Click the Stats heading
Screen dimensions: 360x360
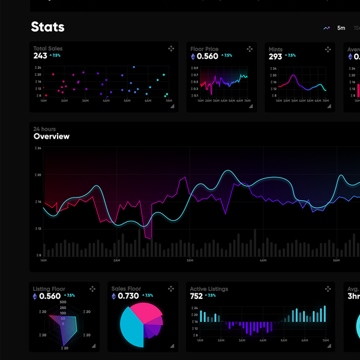click(47, 27)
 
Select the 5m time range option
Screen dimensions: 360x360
click(341, 28)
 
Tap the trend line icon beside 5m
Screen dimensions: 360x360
click(327, 28)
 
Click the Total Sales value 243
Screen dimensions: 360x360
click(40, 56)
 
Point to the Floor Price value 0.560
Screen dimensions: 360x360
click(208, 56)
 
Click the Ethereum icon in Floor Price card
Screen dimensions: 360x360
click(193, 56)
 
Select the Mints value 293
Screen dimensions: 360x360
click(275, 56)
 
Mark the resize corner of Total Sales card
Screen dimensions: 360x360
click(172, 106)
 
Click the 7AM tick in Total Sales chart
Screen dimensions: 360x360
click(169, 100)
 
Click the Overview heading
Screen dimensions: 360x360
click(52, 136)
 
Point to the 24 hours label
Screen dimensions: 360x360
click(44, 129)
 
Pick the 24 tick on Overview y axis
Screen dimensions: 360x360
click(39, 148)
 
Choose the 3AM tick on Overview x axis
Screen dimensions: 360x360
click(190, 260)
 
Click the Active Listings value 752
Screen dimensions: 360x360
click(196, 296)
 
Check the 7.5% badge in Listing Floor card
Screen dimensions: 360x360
click(70, 296)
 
